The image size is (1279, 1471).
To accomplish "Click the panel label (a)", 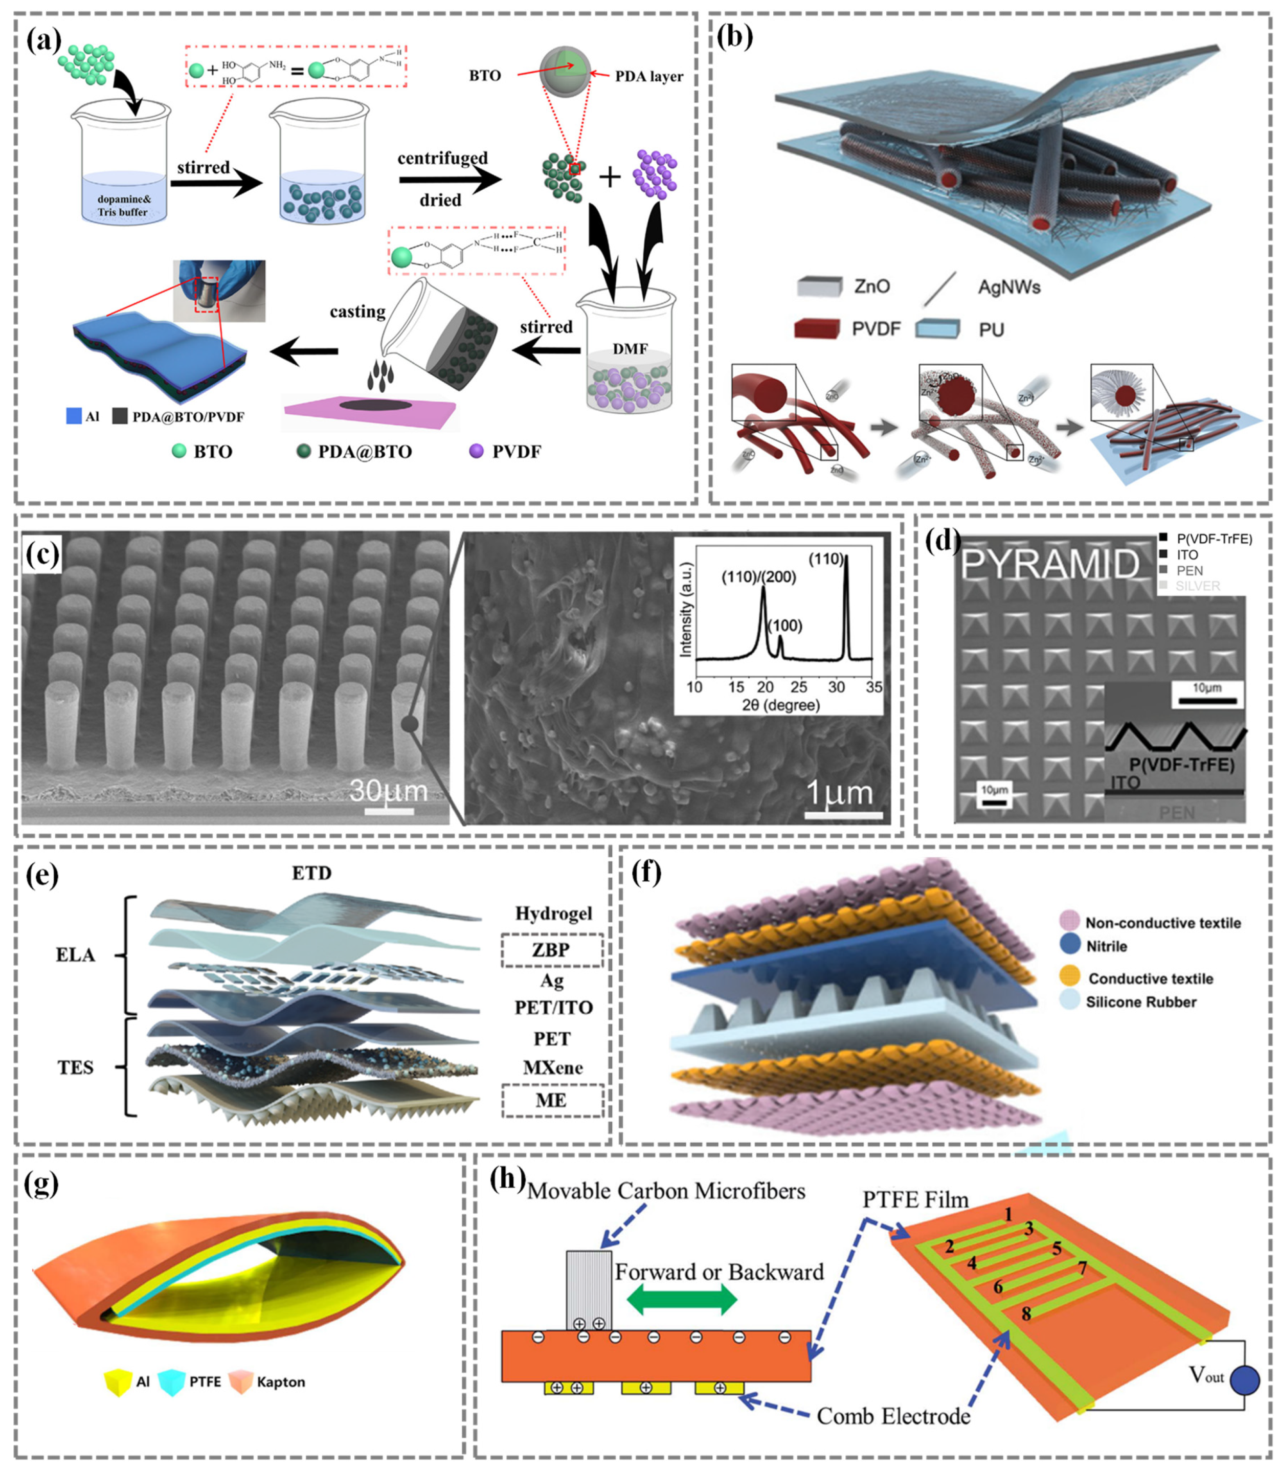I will tap(43, 41).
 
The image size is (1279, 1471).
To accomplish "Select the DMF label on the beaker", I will tap(630, 349).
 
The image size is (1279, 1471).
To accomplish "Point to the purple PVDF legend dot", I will tap(476, 451).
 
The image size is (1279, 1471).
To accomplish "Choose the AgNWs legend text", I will tap(1008, 287).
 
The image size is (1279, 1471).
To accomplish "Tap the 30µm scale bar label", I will tap(388, 791).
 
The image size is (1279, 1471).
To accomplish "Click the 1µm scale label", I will tap(839, 793).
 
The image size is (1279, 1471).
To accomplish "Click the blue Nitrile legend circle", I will tap(1070, 946).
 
